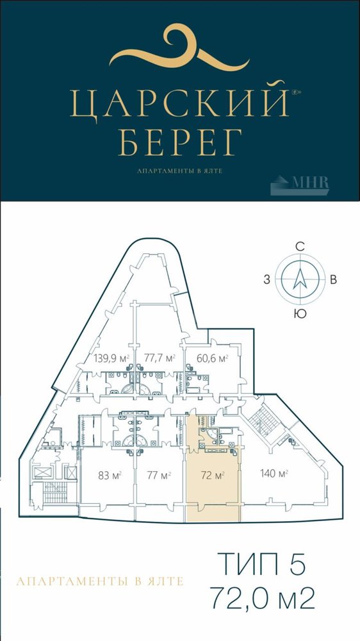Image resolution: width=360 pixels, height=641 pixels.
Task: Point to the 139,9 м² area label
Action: tap(111, 358)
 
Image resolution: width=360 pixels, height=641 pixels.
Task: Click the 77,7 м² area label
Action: tap(160, 358)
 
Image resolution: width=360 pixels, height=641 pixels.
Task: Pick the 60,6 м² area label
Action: tap(212, 358)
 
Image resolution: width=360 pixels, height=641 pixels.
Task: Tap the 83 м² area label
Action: tap(110, 476)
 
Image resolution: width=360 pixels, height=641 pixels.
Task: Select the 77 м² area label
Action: tap(159, 476)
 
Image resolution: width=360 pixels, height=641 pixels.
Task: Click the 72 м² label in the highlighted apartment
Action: tap(213, 476)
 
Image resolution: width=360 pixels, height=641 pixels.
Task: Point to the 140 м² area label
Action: tap(274, 474)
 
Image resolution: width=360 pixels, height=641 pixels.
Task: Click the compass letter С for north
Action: tap(300, 246)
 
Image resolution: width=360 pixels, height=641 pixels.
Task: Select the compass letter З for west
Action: tap(266, 280)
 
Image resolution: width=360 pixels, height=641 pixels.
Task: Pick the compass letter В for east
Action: tap(333, 281)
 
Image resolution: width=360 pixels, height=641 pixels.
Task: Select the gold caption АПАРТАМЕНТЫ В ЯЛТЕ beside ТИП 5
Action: tap(100, 581)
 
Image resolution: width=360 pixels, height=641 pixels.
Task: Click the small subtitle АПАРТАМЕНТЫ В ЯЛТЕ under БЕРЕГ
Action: tap(180, 171)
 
